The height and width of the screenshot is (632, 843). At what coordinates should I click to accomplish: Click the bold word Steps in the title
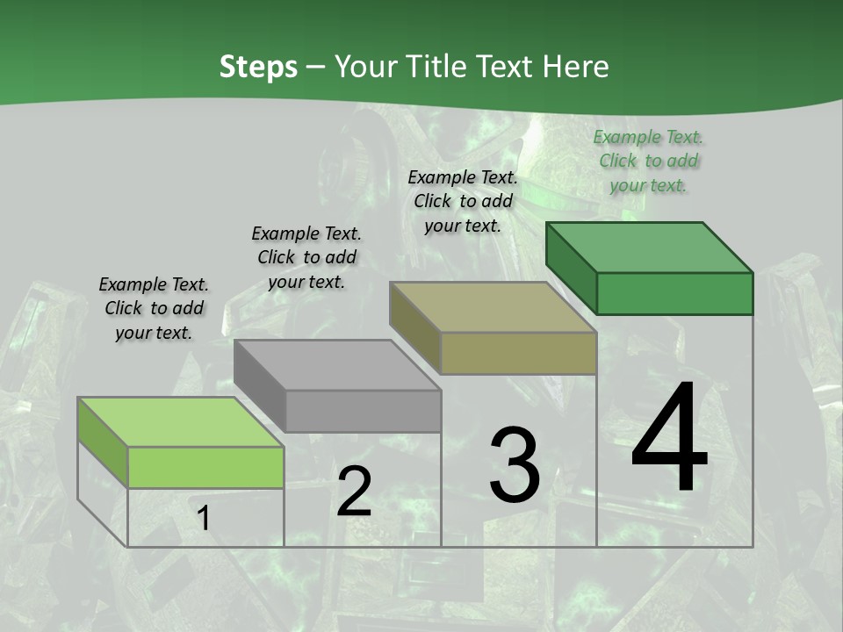pyautogui.click(x=258, y=67)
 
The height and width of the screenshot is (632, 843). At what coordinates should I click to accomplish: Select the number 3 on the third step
pyautogui.click(x=515, y=465)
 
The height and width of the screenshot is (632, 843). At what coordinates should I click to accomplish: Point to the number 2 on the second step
pyautogui.click(x=354, y=492)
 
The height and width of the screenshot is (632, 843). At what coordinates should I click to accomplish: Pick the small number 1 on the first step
pyautogui.click(x=204, y=519)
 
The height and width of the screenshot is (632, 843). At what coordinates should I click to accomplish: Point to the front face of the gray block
pyautogui.click(x=364, y=411)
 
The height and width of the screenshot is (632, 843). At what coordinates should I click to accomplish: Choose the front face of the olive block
pyautogui.click(x=519, y=353)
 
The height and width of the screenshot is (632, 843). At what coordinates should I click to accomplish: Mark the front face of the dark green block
pyautogui.click(x=674, y=293)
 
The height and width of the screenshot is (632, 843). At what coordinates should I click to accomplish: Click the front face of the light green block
pyautogui.click(x=205, y=467)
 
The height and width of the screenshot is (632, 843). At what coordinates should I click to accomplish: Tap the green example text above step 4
pyautogui.click(x=648, y=161)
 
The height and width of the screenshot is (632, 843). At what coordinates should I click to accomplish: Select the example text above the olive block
pyautogui.click(x=463, y=201)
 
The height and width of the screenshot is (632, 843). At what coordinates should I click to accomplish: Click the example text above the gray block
pyautogui.click(x=306, y=257)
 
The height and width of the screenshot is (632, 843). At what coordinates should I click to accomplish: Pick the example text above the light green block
pyautogui.click(x=154, y=308)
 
